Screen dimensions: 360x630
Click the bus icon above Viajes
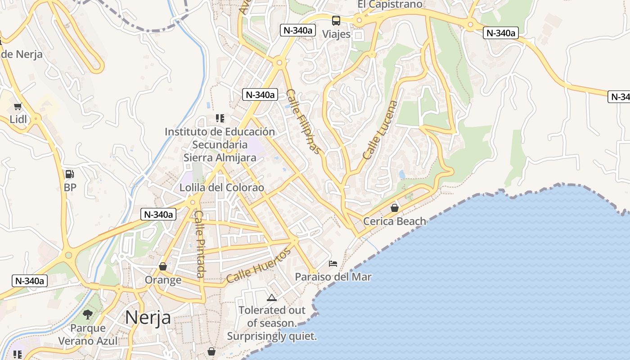[x=336, y=20]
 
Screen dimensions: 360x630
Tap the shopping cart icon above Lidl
[x=18, y=107]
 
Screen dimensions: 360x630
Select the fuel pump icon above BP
[x=70, y=174]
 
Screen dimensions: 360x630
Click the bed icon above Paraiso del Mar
[x=333, y=263]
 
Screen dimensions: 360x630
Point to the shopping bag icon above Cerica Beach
[x=395, y=208]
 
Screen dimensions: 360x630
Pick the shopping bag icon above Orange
[x=163, y=267]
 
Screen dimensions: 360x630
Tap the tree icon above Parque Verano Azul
[x=88, y=315]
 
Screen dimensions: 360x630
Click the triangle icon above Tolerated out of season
[x=271, y=297]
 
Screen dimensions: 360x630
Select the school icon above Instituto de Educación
[x=220, y=118]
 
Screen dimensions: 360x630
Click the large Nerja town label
[x=148, y=318]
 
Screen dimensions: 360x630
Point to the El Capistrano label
[x=390, y=4]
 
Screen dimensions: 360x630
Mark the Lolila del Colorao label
[x=222, y=188]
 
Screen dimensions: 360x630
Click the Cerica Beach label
[x=395, y=221]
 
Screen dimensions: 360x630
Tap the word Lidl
[x=18, y=120]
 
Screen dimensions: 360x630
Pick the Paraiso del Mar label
[x=333, y=277]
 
